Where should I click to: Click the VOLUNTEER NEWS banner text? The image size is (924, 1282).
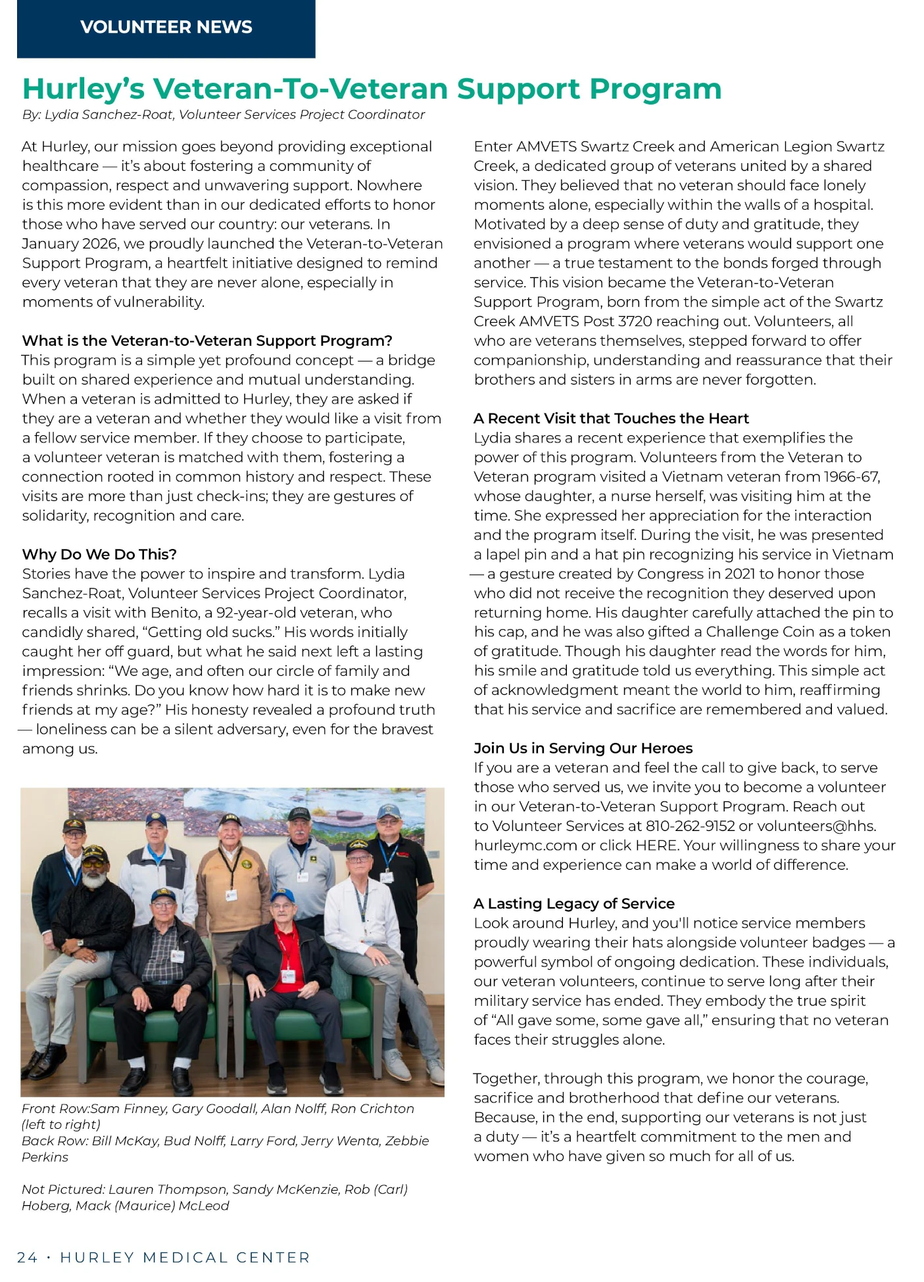(x=166, y=27)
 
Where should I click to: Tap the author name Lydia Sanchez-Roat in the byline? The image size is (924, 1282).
(x=109, y=114)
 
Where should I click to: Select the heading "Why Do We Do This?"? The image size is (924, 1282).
(x=99, y=554)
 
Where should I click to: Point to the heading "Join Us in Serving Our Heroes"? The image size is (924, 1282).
(x=583, y=748)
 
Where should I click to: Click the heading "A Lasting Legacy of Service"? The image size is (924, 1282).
(x=574, y=903)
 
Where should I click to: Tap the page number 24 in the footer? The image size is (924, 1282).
(x=27, y=1258)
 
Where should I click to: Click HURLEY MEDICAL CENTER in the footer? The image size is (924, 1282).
(x=185, y=1258)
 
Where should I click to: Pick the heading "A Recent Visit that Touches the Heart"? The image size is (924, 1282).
(x=611, y=419)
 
